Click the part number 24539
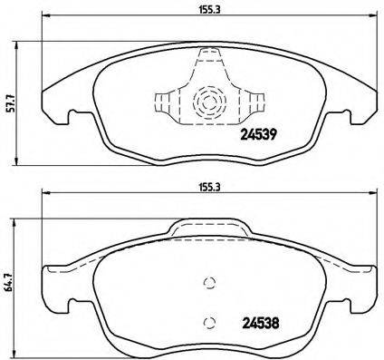coord(258,137)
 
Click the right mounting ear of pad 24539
coord(350,117)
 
